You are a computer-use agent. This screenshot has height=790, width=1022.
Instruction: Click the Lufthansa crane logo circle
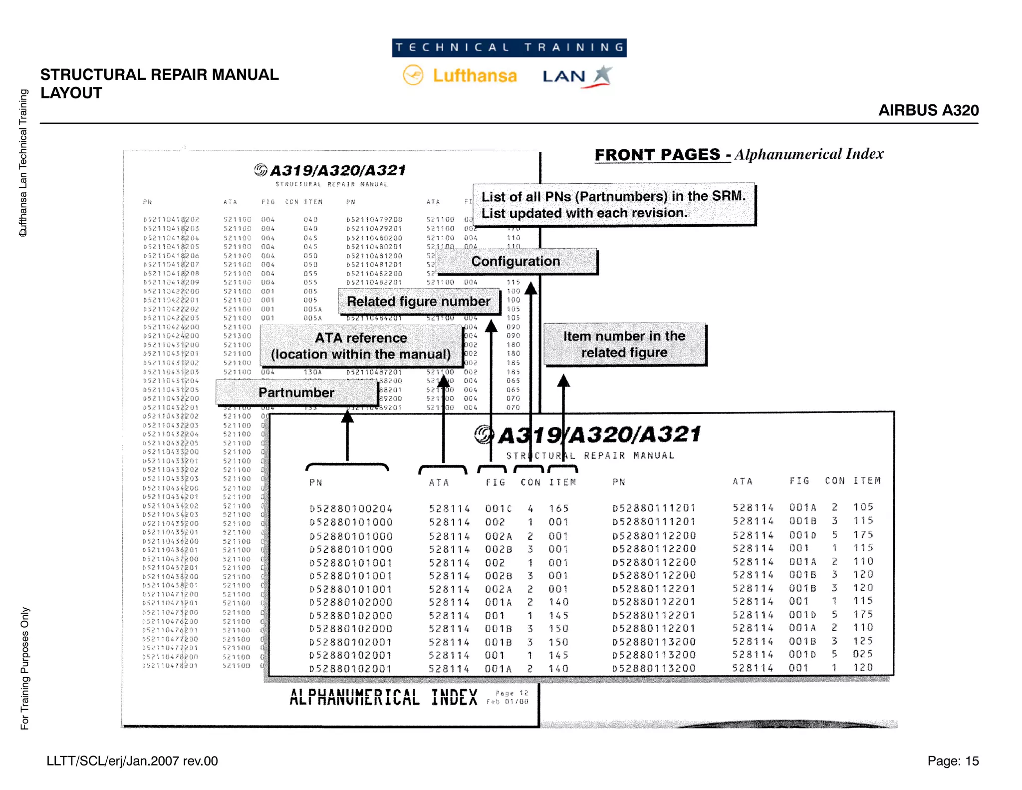[413, 75]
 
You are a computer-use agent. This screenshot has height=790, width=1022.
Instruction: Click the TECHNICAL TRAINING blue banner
[509, 48]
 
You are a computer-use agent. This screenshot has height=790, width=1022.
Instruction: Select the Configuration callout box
[516, 261]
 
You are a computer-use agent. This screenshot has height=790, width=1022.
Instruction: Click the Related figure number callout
[418, 302]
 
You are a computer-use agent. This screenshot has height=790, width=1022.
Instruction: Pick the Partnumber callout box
[296, 393]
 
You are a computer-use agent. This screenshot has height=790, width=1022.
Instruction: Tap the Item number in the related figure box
[624, 344]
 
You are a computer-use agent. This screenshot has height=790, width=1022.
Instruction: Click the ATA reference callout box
[361, 346]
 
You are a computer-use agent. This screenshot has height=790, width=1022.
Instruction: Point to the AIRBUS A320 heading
[928, 110]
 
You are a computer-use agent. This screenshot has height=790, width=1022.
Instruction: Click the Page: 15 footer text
[953, 761]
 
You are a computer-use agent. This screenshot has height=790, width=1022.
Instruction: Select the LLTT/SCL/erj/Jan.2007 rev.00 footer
[132, 761]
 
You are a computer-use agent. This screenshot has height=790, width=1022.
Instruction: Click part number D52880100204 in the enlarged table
[351, 509]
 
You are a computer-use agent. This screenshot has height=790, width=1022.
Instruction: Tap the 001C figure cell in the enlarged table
[498, 509]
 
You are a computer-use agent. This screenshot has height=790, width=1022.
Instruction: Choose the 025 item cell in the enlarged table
[863, 654]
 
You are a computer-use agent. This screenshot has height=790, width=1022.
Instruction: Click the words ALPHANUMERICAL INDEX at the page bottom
[383, 698]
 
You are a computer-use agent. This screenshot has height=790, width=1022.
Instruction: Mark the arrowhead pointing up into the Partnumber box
[347, 416]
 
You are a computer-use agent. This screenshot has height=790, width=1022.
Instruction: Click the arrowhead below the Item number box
[563, 381]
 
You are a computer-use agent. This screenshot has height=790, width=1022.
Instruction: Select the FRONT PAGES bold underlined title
[657, 155]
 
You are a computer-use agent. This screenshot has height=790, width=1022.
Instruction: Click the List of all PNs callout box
[613, 205]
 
